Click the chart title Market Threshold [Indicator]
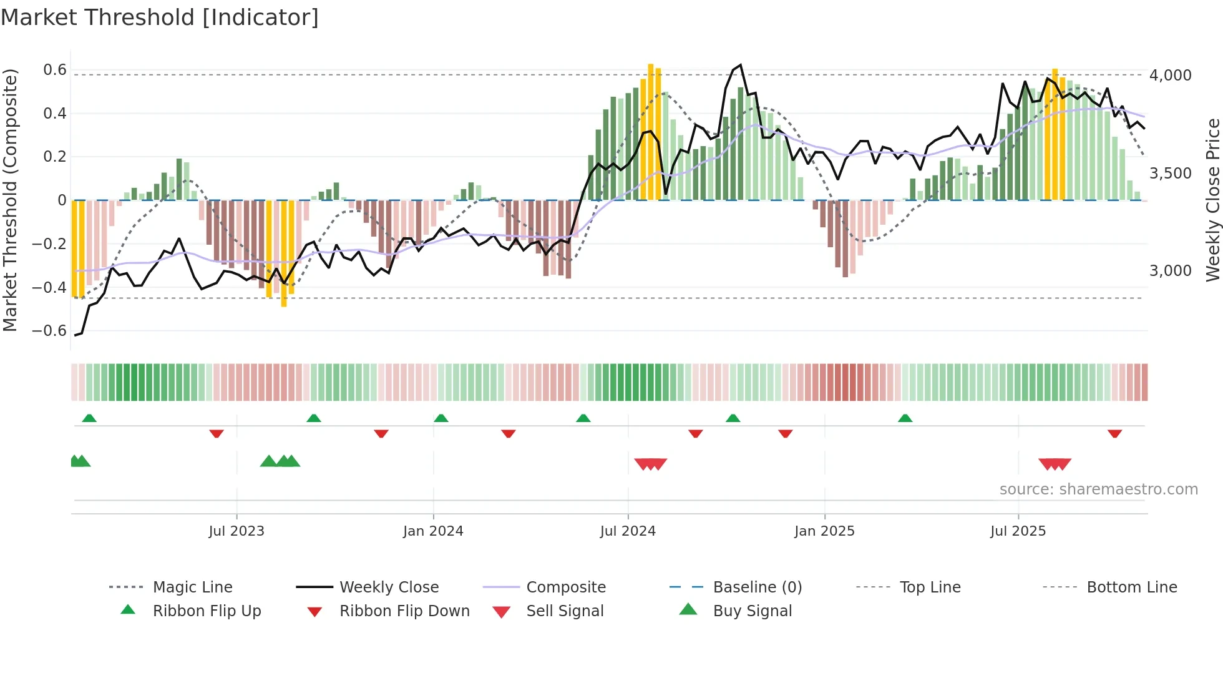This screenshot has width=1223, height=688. pos(160,17)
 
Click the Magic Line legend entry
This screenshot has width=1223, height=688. pos(192,587)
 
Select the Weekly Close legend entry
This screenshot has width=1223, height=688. pos(389,587)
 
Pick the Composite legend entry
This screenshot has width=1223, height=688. pos(565,587)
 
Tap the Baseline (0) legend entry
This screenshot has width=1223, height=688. pos(757,587)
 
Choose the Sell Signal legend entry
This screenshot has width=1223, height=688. pos(565,611)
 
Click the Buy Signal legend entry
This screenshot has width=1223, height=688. pos(752,611)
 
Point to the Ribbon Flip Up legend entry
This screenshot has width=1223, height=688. pos(207,611)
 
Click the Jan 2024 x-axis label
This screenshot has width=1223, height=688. pos(433,531)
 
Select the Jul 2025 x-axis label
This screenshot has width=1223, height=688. pos(1018,531)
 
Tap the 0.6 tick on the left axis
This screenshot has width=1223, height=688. pos(55,70)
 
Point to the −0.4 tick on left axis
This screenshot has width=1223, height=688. pos(49,288)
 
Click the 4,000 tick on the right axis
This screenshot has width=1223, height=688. pos(1170,76)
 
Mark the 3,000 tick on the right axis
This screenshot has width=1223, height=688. pos(1170,271)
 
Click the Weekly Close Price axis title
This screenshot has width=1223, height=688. pos(1212,200)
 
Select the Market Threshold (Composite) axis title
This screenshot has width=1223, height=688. pos(10,200)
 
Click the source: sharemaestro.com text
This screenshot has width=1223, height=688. pos(1098,489)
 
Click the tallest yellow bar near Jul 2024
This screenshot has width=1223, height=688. pos(650,131)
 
